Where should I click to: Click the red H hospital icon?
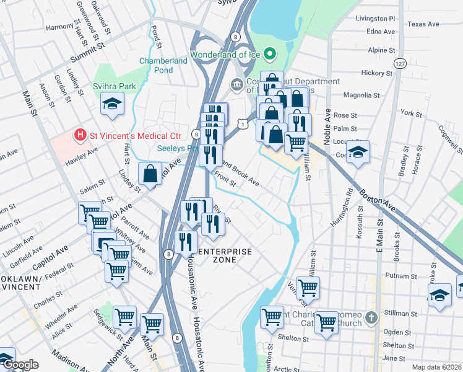tap(79, 135)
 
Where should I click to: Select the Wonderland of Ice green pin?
tap(269, 55)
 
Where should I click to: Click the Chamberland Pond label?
tap(164, 66)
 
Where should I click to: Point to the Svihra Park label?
tap(114, 87)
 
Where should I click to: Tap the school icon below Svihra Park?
tap(113, 104)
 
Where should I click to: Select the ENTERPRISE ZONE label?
tap(225, 255)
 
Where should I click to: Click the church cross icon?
tap(370, 318)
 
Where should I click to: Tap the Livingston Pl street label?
tap(375, 19)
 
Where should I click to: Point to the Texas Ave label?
tap(423, 24)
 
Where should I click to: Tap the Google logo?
tap(20, 365)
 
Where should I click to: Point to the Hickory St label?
tap(373, 73)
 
